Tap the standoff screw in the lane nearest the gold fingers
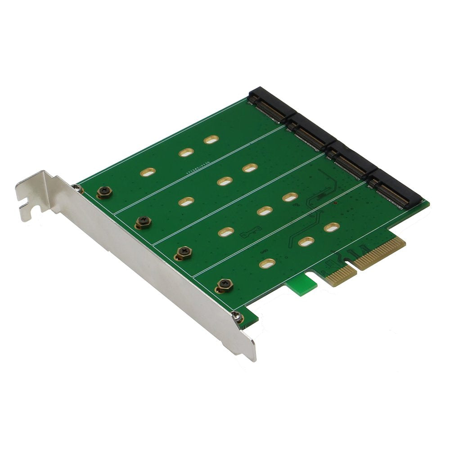[x=224, y=284]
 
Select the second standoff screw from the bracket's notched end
[x=144, y=221]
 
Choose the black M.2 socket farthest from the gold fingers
[x=268, y=104]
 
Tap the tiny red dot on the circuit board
[x=336, y=203]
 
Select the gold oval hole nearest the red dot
[x=332, y=227]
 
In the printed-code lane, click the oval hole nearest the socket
[x=211, y=139]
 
